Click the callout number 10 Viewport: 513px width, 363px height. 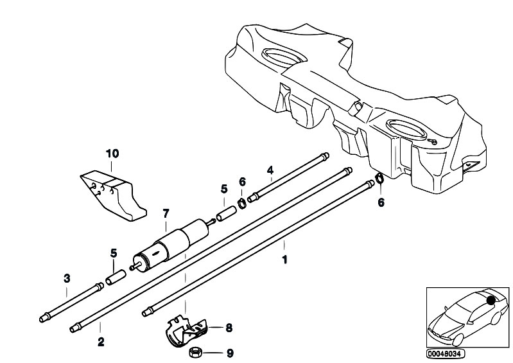(x=112, y=154)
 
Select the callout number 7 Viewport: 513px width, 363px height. (x=165, y=213)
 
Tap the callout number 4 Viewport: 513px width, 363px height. (x=270, y=170)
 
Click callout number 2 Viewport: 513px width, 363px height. (x=100, y=343)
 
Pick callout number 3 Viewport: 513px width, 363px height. (x=67, y=278)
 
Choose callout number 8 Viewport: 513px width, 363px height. (x=229, y=328)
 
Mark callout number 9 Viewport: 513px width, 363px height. (x=230, y=353)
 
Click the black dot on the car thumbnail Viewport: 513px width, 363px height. (x=491, y=298)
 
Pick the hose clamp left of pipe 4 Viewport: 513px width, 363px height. (x=243, y=204)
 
